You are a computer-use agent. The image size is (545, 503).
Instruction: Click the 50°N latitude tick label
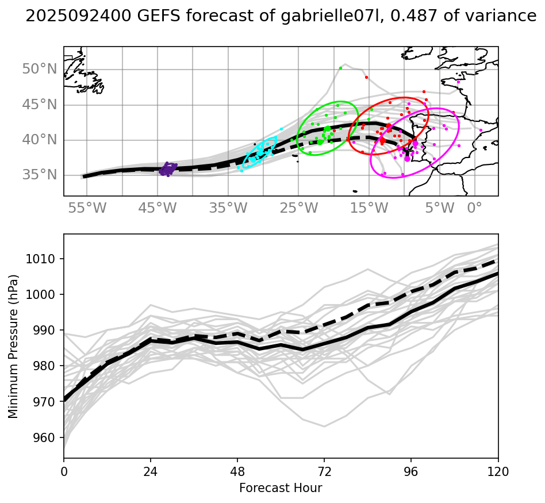40,70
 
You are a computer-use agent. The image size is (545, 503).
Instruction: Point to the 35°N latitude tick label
40,175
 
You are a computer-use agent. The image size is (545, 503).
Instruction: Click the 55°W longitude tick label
87,208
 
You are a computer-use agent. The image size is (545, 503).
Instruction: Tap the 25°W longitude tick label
299,208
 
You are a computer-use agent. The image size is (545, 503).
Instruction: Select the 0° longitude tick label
474,208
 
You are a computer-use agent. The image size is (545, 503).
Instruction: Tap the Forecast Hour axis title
281,488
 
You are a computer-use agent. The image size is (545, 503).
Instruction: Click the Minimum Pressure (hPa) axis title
14,347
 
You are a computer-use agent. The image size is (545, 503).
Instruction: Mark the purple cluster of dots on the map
168,169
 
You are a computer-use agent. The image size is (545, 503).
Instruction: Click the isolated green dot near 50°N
340,68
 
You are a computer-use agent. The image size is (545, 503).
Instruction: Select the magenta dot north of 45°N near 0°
458,82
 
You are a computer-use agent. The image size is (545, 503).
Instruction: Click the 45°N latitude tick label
40,105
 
